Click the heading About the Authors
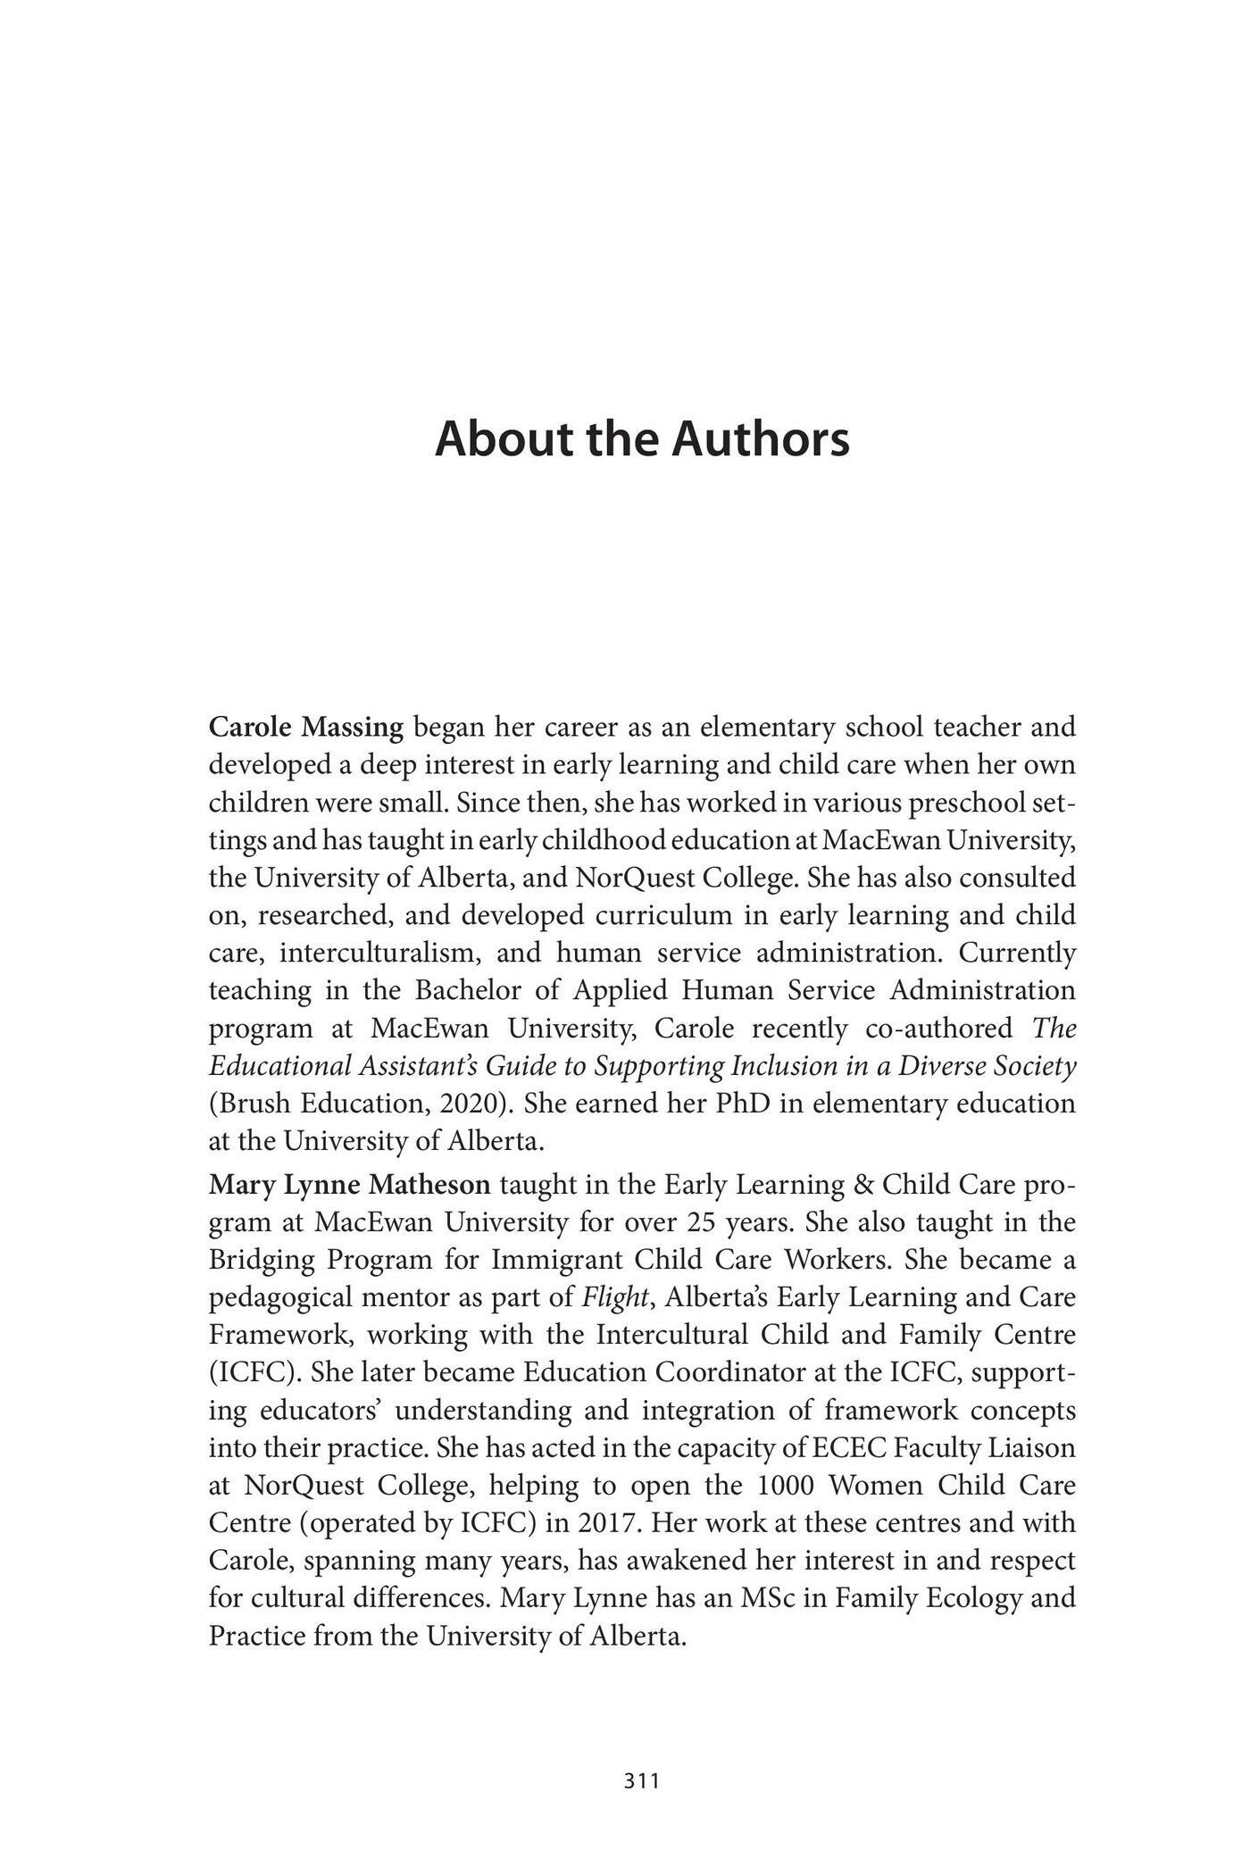[642, 439]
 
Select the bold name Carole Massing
[306, 728]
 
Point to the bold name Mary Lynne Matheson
[349, 1185]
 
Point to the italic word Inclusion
[781, 1066]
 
